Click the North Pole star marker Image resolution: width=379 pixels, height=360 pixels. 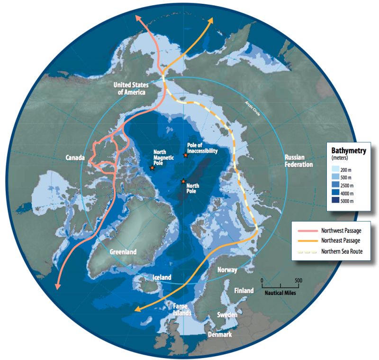point(183,181)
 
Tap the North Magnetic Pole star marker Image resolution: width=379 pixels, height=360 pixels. point(152,167)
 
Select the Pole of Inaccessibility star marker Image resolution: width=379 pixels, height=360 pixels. point(186,155)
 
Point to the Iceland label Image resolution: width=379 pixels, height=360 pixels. point(162,277)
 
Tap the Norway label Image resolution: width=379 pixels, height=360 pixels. point(227,269)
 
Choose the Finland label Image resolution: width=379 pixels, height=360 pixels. point(244,290)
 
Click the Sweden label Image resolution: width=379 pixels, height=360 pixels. point(227,314)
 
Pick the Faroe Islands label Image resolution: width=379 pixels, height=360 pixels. point(180,309)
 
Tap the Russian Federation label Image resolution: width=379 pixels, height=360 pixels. point(298,161)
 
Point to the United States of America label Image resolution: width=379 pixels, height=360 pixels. point(131,88)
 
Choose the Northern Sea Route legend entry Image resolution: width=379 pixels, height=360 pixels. point(342,251)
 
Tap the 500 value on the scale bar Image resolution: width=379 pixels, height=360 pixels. point(298,280)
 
